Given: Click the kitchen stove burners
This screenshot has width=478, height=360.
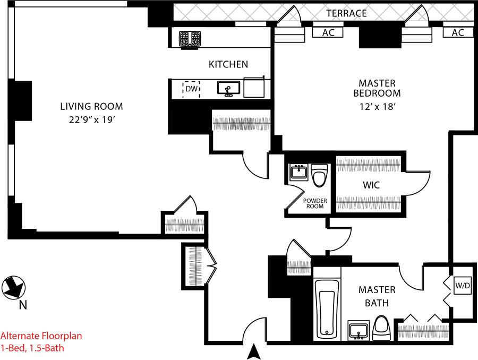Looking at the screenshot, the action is tap(190, 39).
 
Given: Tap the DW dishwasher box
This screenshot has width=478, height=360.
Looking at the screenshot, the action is tap(191, 89).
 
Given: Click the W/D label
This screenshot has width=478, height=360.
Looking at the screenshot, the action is tap(463, 286).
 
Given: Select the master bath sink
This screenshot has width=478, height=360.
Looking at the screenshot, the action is tap(358, 330).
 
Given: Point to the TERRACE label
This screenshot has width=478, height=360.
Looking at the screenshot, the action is tap(346, 13).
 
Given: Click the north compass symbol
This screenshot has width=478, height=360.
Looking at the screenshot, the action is tap(13, 287).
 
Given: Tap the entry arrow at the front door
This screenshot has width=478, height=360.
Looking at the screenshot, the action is tap(255, 351).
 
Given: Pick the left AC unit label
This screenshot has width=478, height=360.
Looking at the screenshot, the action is tap(328, 32).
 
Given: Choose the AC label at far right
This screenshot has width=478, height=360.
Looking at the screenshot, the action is tap(457, 32).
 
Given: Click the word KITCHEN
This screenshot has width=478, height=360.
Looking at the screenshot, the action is tap(228, 64).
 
